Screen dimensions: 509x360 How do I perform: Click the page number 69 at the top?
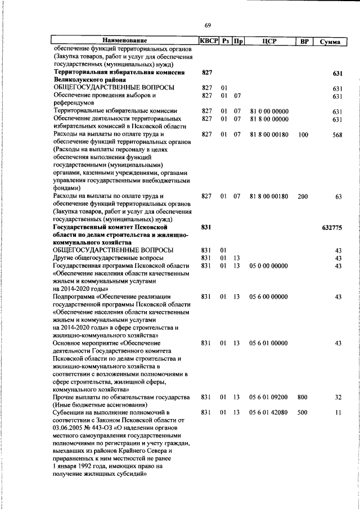[x=208, y=26]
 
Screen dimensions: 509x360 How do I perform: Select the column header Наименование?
[x=124, y=41]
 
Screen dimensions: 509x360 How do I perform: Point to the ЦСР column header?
[x=268, y=41]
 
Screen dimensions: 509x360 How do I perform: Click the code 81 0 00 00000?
[x=269, y=111]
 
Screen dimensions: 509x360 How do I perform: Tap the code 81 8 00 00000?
[x=269, y=119]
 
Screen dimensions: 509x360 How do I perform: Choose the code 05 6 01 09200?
[x=269, y=397]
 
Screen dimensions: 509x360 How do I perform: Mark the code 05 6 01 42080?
[x=269, y=412]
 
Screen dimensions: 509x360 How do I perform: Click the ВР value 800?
[x=303, y=397]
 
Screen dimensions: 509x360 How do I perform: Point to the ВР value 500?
[x=303, y=412]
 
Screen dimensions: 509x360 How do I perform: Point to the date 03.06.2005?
[x=71, y=428]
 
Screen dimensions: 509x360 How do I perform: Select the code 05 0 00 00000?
[x=269, y=265]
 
